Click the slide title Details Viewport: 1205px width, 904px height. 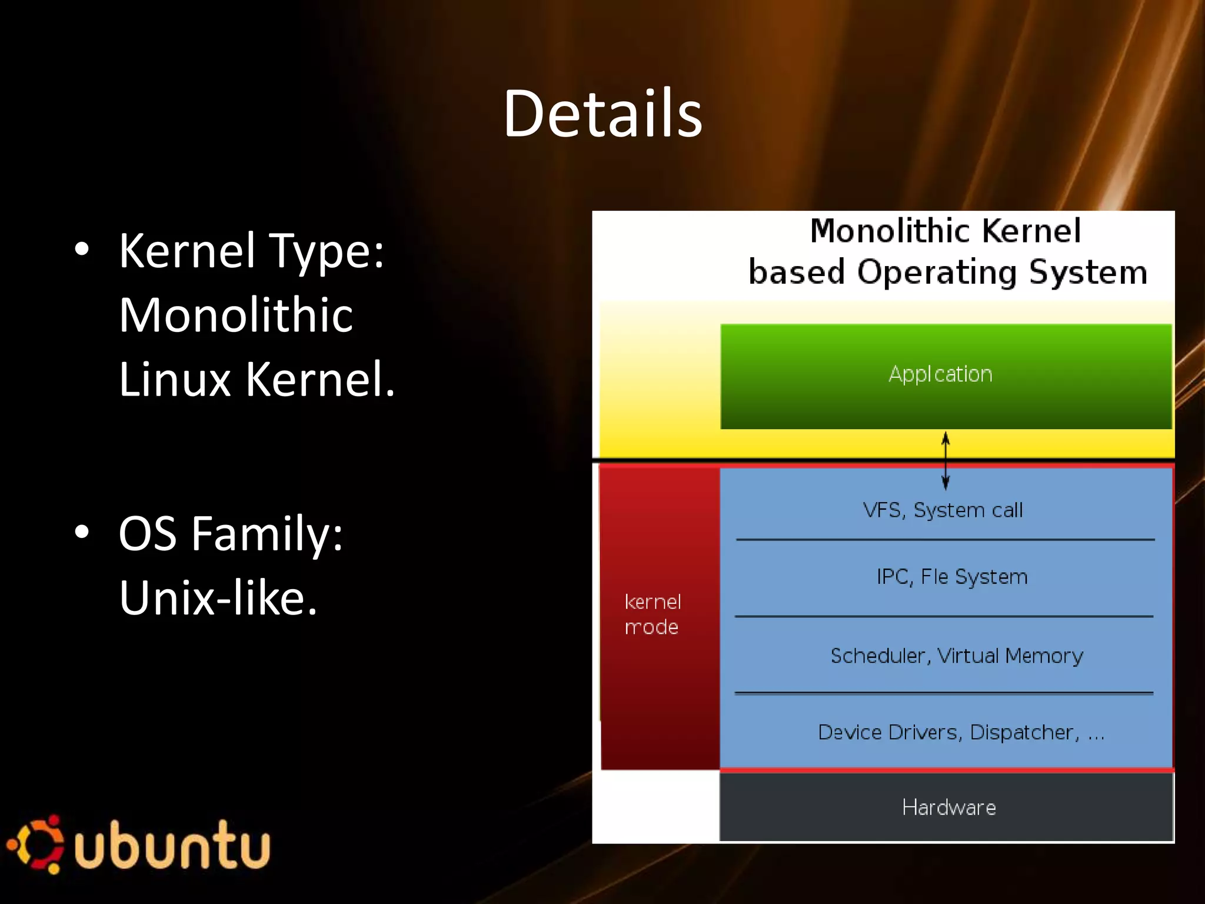pos(602,113)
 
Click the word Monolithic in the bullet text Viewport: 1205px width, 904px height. pos(236,315)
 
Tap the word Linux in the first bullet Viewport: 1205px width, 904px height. pos(175,380)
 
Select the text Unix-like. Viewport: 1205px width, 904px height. pos(218,598)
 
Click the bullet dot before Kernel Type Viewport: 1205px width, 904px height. pos(82,250)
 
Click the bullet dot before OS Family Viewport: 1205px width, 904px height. pos(82,532)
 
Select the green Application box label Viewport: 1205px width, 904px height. pos(940,374)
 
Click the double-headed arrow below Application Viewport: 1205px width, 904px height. pos(946,461)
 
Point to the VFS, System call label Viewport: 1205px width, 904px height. pos(943,510)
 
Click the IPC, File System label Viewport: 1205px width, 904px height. pos(951,577)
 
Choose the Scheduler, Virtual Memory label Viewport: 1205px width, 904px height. pos(956,656)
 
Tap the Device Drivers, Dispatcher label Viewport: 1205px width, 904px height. pos(961,732)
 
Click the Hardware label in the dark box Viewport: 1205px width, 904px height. pos(948,807)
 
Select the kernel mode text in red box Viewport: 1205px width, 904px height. pos(652,614)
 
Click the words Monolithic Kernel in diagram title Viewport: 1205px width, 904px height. pos(945,231)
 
